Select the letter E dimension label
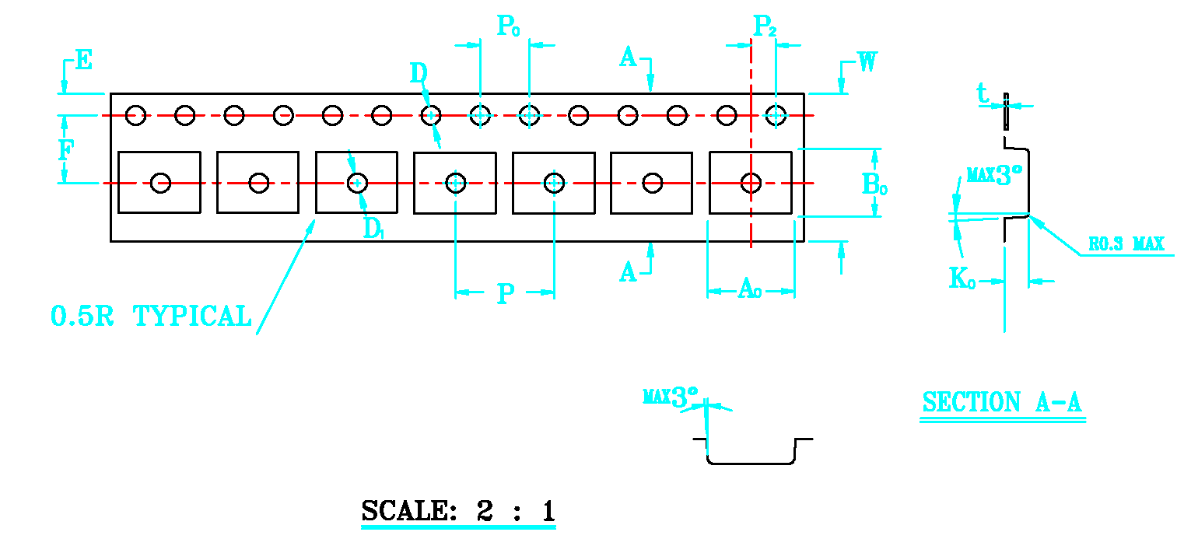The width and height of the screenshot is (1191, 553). coord(83,60)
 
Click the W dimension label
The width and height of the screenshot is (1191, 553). coord(867,62)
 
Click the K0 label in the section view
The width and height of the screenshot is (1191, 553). coord(962,278)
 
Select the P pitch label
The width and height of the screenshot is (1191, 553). coord(506,294)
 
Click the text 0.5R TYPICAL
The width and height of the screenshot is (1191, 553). coord(152,317)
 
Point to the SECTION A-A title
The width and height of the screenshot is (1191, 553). coord(1002,403)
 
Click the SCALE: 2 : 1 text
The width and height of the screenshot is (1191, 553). coord(458,511)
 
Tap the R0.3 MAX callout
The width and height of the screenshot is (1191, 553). coord(1126,244)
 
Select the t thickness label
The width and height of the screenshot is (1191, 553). coord(983,94)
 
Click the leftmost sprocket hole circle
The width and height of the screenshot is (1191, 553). coord(136,116)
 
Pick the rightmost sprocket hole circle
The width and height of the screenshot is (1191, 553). coord(776,116)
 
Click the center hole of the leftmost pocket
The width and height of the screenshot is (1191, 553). coord(160,183)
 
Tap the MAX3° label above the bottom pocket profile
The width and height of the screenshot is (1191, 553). coord(671,397)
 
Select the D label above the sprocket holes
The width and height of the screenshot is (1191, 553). coord(419,74)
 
